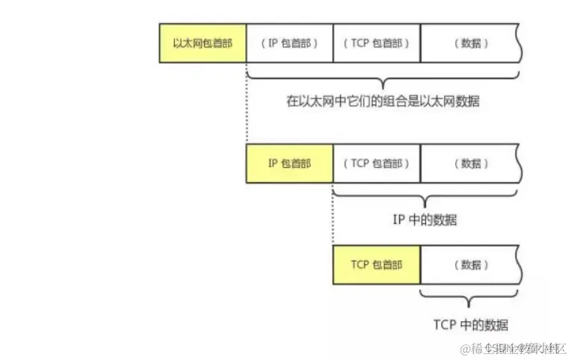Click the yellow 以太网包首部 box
tap(203, 43)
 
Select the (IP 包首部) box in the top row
tap(290, 43)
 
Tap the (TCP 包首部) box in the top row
tap(377, 43)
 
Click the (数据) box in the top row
tap(470, 43)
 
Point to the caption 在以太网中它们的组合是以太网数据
tap(383, 102)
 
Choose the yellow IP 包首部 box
tap(290, 164)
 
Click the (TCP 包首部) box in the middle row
tap(377, 164)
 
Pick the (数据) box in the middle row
tap(470, 164)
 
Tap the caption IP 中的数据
tap(425, 220)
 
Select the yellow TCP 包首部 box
tap(377, 265)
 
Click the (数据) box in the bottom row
tap(470, 265)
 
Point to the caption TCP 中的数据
tap(471, 325)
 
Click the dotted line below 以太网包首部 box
tap(246, 105)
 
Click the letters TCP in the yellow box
tap(361, 265)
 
